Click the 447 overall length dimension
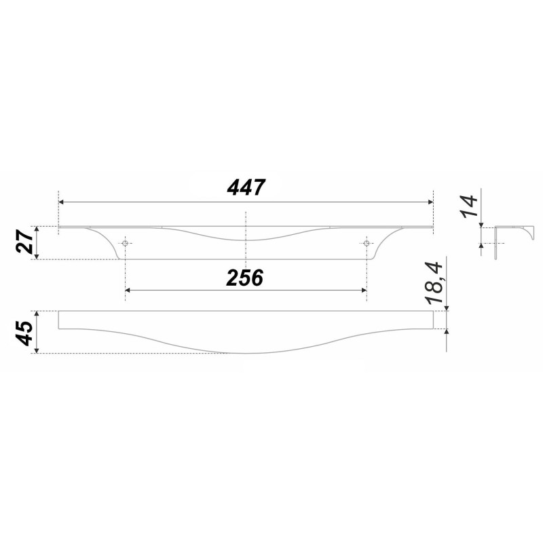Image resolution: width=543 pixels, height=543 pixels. pos(246,187)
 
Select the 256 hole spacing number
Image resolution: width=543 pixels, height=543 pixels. pos(245,278)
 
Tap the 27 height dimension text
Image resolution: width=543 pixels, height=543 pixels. pos(24,242)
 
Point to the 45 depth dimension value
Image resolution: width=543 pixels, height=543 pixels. pos(24,333)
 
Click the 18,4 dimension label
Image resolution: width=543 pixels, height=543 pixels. pos(434,284)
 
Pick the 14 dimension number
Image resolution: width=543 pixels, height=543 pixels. pos(470,206)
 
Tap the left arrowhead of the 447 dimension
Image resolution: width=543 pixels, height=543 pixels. pos(61,202)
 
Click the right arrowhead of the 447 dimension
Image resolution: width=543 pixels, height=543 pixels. pos(430,202)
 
